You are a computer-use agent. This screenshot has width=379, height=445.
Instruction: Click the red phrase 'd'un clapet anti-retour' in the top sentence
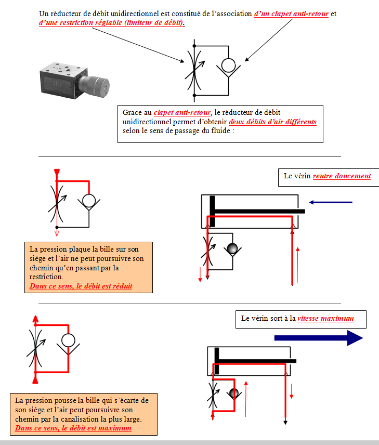tap(291, 14)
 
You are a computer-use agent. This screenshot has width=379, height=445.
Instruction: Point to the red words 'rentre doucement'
tap(342, 176)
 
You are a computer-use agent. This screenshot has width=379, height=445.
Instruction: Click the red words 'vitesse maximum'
tap(325, 318)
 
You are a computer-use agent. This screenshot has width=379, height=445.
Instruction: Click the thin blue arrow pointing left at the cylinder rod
tap(331, 202)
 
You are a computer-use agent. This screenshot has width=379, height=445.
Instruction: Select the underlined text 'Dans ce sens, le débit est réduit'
tap(81, 286)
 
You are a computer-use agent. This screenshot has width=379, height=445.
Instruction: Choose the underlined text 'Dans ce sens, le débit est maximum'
tap(73, 428)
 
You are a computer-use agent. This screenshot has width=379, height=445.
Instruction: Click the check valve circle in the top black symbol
tap(228, 66)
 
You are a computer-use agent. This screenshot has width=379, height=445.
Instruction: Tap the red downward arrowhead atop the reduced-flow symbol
tap(56, 172)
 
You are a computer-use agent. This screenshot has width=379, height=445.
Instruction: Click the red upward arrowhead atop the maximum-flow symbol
tap(35, 318)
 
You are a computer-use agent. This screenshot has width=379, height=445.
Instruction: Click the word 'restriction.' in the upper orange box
tap(47, 277)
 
